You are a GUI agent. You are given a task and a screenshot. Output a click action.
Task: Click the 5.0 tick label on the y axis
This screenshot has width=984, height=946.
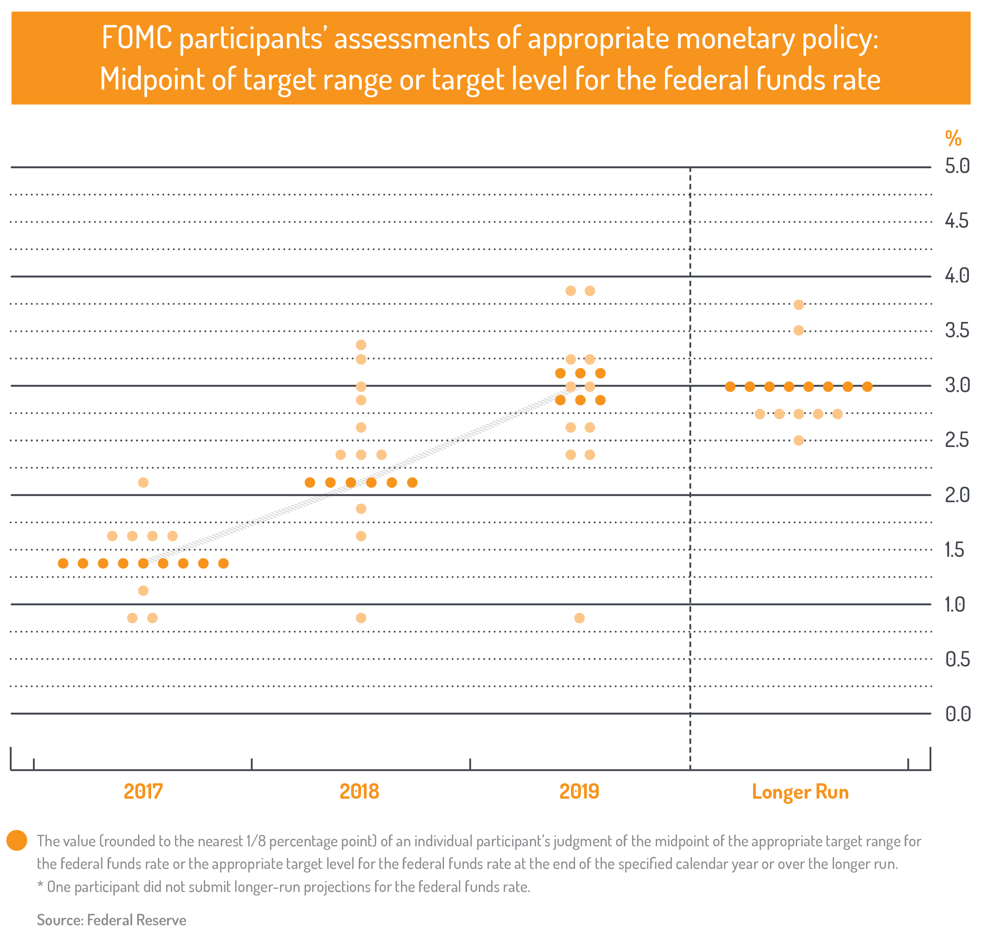(x=957, y=166)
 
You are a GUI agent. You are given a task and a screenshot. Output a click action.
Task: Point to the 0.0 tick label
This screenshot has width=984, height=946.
(x=957, y=714)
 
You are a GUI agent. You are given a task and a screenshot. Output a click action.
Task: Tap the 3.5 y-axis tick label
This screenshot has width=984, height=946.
(x=957, y=331)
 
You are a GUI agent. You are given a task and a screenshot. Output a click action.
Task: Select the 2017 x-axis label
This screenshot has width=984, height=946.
(x=143, y=792)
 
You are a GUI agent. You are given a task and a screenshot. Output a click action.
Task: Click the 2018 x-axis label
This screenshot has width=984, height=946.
(x=359, y=792)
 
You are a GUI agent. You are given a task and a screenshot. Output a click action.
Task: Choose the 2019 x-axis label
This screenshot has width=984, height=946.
(x=579, y=792)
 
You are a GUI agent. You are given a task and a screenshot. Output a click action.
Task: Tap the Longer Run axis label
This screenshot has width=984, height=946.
(x=800, y=792)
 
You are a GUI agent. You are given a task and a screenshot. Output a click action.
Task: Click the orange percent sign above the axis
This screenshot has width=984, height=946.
(x=953, y=138)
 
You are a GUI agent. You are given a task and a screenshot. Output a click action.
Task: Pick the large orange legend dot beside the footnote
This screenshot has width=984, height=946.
(x=17, y=840)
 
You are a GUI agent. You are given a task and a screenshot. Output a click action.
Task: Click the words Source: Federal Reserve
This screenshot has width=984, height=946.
(x=111, y=920)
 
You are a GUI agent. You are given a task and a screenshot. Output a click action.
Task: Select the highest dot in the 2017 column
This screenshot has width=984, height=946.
(x=143, y=482)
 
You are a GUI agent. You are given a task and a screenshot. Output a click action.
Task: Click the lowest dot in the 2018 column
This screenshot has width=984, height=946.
(x=361, y=618)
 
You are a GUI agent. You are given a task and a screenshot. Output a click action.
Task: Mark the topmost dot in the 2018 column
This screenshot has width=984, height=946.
(x=361, y=345)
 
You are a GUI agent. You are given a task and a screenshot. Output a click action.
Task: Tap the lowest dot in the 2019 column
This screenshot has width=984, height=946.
(x=579, y=618)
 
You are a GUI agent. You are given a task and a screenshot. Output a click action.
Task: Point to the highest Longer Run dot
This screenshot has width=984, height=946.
(x=799, y=304)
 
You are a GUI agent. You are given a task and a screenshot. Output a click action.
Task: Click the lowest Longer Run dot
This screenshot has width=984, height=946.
(x=799, y=441)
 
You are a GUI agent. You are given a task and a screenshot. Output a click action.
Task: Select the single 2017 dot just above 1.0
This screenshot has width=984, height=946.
(x=143, y=590)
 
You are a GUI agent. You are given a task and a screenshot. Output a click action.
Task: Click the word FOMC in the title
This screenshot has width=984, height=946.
(x=136, y=38)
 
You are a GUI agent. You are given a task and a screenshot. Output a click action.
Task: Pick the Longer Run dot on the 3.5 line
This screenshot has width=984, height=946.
(x=799, y=331)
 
